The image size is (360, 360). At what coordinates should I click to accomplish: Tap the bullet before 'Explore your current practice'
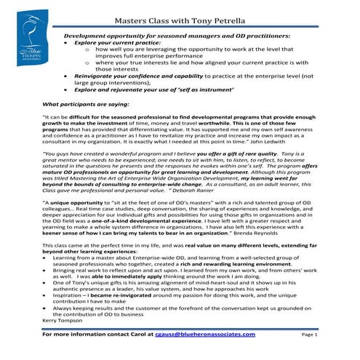pyautogui.click(x=68, y=43)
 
